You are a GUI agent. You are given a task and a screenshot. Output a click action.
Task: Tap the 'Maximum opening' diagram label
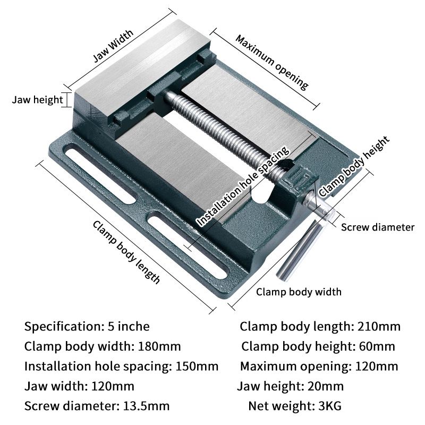click(271, 62)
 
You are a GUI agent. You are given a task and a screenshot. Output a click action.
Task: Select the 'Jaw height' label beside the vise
click(38, 99)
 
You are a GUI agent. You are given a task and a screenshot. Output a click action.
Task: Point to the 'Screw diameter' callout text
click(377, 227)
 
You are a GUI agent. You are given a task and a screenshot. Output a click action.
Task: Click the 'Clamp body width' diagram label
click(299, 292)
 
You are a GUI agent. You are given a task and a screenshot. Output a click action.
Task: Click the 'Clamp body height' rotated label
click(354, 165)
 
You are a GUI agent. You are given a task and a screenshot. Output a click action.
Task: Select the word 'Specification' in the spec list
click(59, 326)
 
